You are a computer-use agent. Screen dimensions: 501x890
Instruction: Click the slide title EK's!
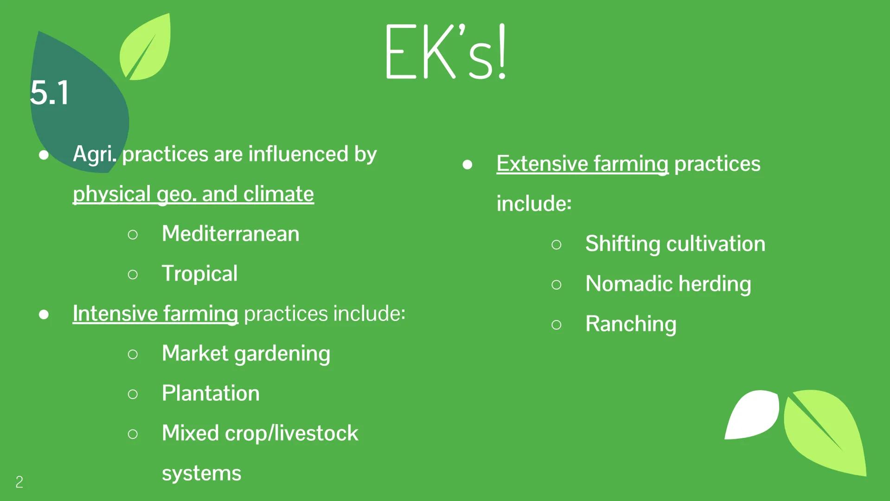[x=445, y=52]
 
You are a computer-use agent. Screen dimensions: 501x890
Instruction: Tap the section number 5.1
[x=50, y=93]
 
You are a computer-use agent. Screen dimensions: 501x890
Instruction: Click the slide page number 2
[x=19, y=482]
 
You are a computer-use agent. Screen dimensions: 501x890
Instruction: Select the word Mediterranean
[x=231, y=233]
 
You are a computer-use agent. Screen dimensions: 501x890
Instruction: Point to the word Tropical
[x=199, y=273]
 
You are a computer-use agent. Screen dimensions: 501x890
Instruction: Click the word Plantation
[x=211, y=393]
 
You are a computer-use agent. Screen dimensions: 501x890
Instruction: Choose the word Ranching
[x=631, y=324]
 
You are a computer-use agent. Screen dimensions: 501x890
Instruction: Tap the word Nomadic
[x=629, y=283]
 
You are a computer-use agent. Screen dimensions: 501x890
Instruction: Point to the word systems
[x=201, y=473]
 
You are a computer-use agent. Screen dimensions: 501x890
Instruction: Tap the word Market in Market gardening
[x=195, y=353]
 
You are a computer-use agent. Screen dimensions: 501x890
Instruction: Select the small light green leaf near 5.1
[x=146, y=46]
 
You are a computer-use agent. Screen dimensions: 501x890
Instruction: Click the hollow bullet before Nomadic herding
[x=557, y=284]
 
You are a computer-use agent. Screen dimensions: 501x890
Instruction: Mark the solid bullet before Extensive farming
[x=467, y=165]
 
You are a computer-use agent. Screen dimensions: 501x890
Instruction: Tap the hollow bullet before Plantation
[x=133, y=394]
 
